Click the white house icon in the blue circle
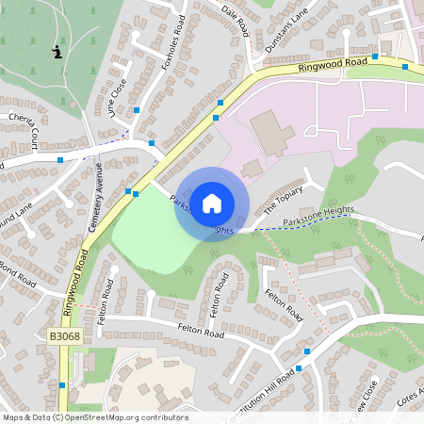(x=212, y=203)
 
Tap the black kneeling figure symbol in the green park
(x=58, y=53)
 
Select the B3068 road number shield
(x=64, y=336)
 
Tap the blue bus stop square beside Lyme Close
(x=137, y=111)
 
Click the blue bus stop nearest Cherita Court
(x=61, y=160)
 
